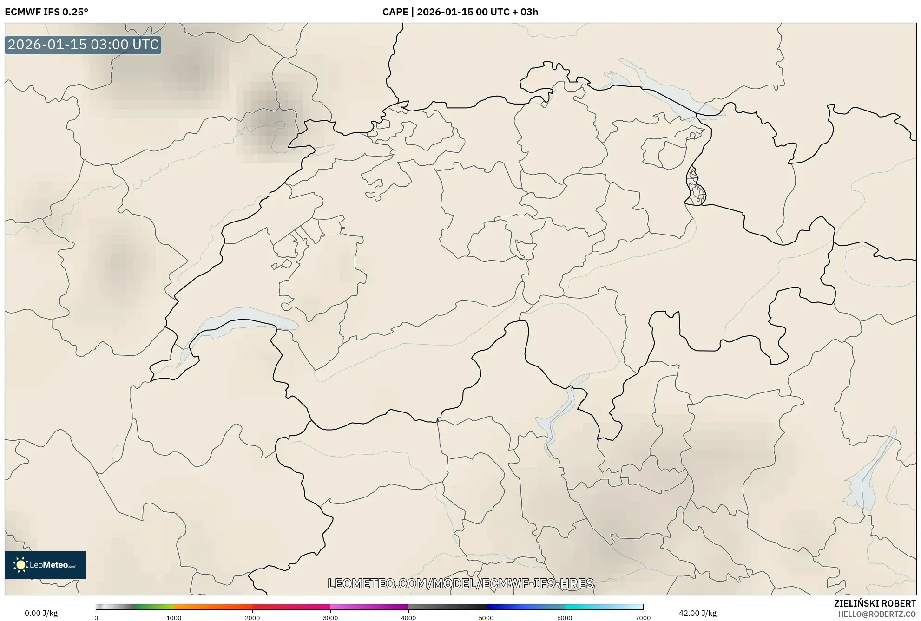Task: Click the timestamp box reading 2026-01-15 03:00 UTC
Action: [83, 45]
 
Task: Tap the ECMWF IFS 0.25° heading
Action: [46, 12]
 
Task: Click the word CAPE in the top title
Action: [395, 12]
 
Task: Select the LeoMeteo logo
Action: [46, 565]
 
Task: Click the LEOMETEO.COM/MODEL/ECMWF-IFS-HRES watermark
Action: [460, 583]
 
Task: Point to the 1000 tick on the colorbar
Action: [174, 617]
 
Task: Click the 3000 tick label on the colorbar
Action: [330, 617]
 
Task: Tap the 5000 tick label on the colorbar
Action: [487, 617]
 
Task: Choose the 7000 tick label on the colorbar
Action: [643, 617]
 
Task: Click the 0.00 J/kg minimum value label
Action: [41, 613]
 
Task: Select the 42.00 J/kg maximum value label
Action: [697, 613]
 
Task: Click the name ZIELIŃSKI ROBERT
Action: [875, 603]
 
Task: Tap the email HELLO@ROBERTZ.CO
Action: [877, 614]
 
